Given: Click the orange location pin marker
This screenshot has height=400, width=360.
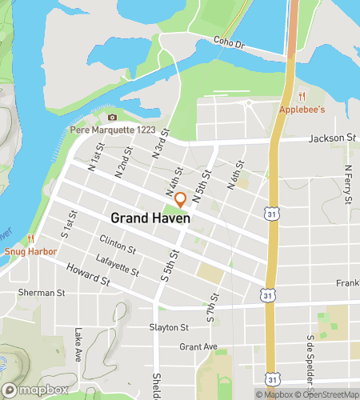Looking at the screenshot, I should (x=181, y=199).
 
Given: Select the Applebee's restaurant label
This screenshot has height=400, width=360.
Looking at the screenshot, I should (x=302, y=109).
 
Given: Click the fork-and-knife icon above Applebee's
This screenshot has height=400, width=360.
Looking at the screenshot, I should (x=302, y=96).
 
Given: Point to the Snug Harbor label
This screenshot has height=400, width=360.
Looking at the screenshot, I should (x=29, y=250).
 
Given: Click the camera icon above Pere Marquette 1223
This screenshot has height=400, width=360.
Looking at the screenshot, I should (x=112, y=118).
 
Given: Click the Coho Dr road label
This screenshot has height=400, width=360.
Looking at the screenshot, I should (x=228, y=42).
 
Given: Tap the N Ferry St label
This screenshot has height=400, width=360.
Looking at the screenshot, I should (x=348, y=182).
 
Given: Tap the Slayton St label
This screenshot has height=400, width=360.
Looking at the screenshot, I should (x=169, y=327).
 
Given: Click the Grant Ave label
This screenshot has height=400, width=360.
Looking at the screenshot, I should (x=198, y=347).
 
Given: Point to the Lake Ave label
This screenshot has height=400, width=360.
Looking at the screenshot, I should (x=78, y=345).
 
